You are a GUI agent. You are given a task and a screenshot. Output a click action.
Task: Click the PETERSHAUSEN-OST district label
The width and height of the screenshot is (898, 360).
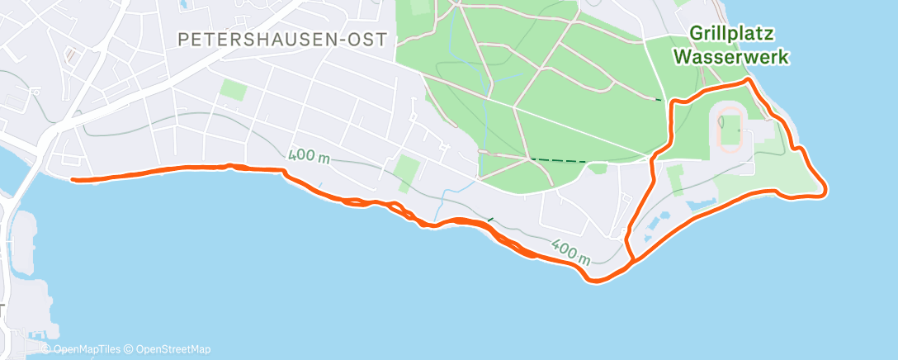pos(282,39)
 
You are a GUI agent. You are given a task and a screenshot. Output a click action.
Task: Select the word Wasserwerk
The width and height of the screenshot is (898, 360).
pos(730,57)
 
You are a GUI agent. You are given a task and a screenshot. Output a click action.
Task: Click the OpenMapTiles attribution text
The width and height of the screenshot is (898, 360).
pos(89,349)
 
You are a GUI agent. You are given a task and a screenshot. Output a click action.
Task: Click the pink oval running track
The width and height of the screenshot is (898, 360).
pos(729,128)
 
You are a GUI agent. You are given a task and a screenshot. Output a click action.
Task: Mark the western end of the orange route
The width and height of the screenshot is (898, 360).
pos(73,179)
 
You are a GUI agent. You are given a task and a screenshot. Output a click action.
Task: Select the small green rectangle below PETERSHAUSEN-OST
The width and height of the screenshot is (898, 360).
pos(233,90)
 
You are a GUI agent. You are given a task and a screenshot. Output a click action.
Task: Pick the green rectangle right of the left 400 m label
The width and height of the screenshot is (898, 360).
pos(406,169)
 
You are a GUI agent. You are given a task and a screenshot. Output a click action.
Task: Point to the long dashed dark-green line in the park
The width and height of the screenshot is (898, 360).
pos(559,160)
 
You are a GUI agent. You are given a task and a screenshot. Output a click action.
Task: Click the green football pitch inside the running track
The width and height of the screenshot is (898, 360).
pos(730,128)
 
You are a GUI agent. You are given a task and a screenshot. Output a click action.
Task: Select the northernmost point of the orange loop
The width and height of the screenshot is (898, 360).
pos(748,80)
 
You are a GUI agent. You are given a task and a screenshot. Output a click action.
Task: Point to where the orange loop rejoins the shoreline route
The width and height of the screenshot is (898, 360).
pos(632,262)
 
